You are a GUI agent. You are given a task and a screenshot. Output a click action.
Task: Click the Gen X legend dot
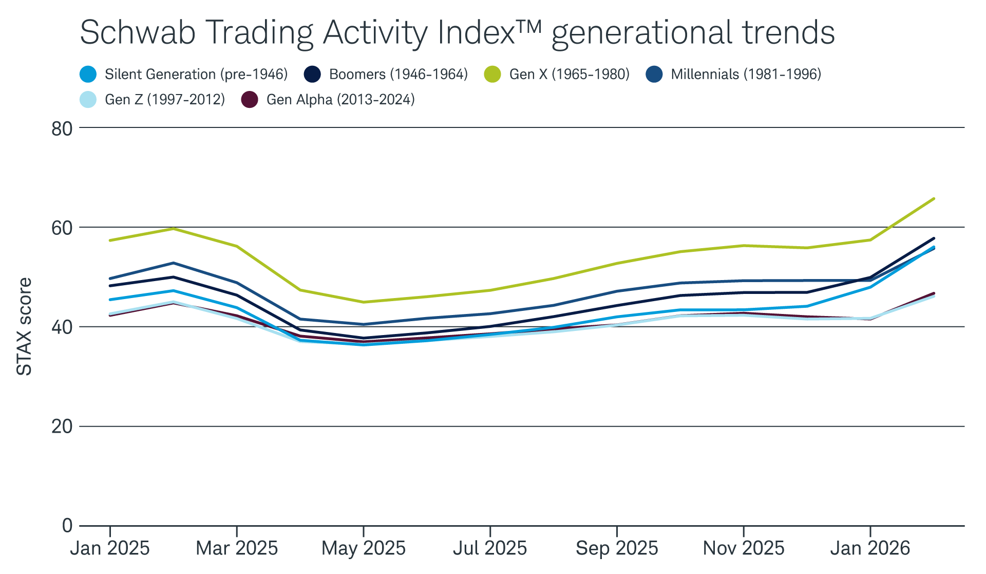pos(492,75)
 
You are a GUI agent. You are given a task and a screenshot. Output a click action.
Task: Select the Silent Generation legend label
pos(196,75)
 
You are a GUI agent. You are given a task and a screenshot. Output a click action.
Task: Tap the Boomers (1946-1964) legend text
pos(398,75)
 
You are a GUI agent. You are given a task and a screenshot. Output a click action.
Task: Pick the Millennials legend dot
pos(654,75)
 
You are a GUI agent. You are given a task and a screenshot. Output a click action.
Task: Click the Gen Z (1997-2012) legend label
pos(164,100)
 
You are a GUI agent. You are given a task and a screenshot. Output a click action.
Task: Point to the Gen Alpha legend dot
pos(250,100)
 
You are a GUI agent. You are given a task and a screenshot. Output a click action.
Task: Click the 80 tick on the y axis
pos(62,128)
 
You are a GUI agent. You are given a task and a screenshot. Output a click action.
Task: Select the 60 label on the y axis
pos(62,228)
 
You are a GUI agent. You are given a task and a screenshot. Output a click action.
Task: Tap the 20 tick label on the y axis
pos(62,427)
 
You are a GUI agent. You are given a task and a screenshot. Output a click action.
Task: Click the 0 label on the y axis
pos(67,526)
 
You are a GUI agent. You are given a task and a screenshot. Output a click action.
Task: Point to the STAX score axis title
pos(25,327)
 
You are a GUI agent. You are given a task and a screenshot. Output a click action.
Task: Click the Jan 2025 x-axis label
pos(110,548)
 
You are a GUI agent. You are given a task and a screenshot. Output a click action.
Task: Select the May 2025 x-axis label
pos(363,548)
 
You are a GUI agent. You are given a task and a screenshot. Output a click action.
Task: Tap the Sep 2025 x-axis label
pos(617,548)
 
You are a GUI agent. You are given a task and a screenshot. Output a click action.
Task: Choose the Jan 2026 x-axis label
pos(870,548)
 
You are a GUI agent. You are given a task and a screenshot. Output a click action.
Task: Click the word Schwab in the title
pos(138,33)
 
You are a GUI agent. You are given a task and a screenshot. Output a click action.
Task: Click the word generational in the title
pos(642,33)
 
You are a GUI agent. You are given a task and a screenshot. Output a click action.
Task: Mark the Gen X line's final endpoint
pos(933,198)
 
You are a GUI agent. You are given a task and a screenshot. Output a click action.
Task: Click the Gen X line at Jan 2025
pos(110,240)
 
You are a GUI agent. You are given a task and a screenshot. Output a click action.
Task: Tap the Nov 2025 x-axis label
pos(743,548)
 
